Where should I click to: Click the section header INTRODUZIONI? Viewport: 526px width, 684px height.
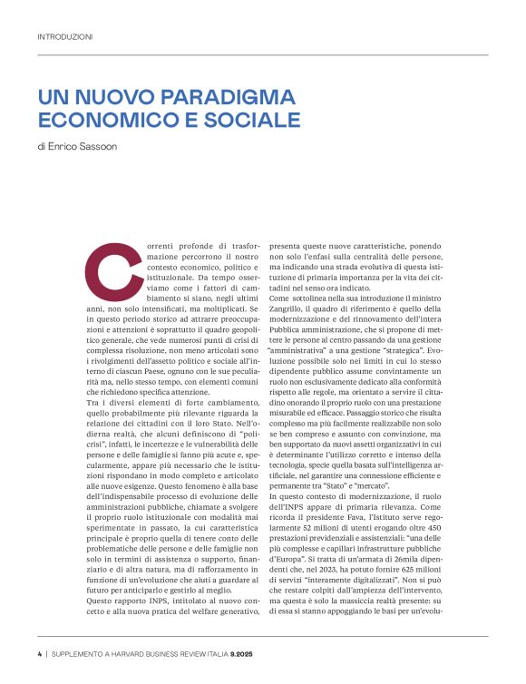[x=64, y=37]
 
